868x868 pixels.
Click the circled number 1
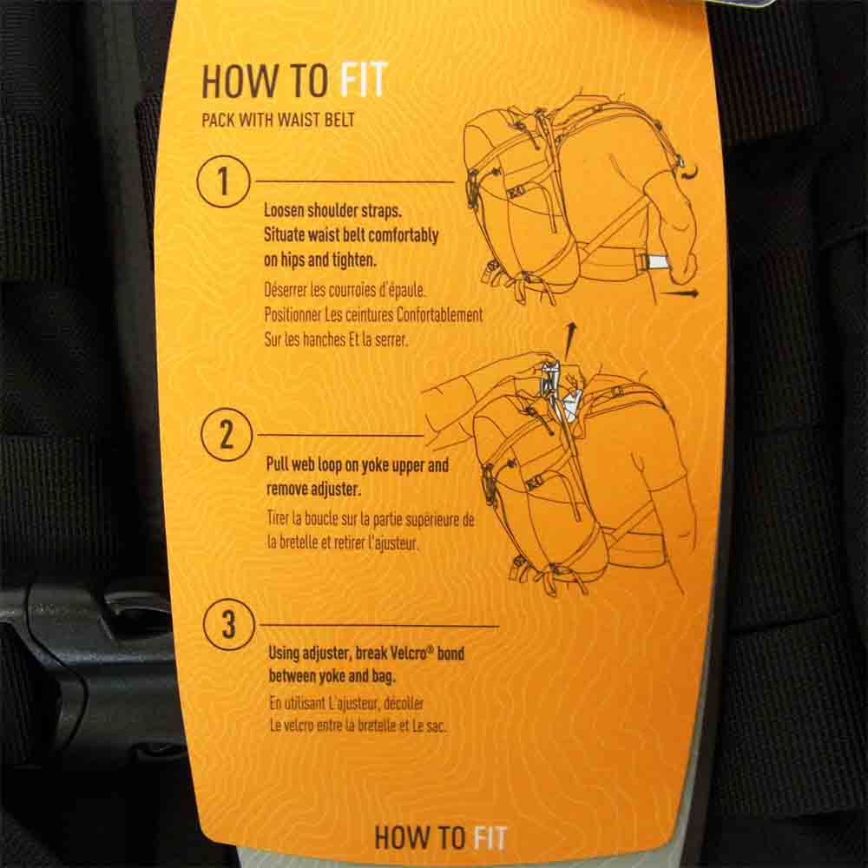[x=223, y=181]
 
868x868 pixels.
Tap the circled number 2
[x=227, y=435]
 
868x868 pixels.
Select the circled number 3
[x=228, y=625]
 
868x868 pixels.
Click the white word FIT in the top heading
[x=363, y=80]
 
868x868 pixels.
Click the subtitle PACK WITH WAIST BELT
[x=278, y=120]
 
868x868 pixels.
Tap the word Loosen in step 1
[x=284, y=210]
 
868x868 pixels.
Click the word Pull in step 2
[x=278, y=464]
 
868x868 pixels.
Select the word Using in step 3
[x=284, y=654]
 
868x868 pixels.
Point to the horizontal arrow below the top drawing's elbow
[x=681, y=293]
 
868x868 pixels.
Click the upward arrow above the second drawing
[x=570, y=341]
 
